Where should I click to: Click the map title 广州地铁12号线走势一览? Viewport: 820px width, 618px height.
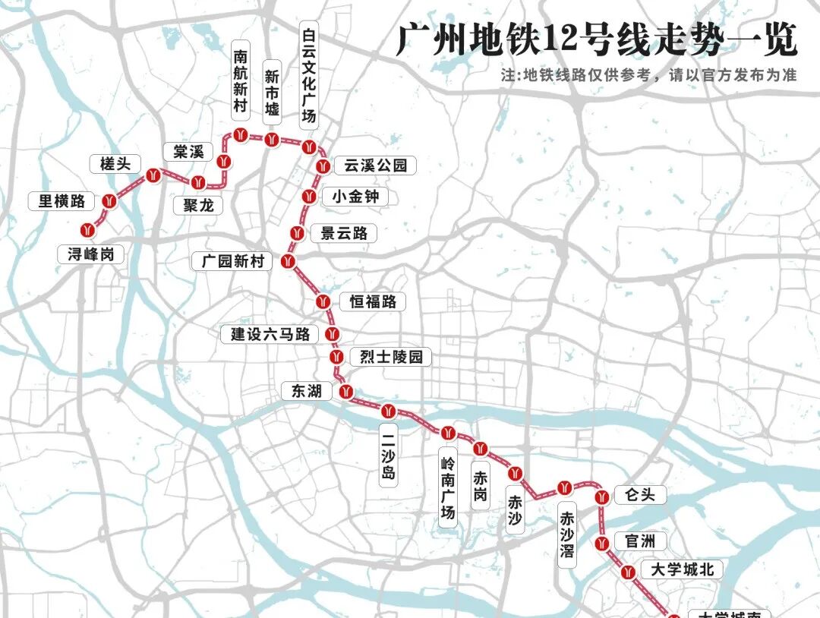coord(597,39)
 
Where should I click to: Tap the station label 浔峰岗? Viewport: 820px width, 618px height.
coord(90,254)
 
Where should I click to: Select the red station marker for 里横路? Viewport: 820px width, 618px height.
coord(110,202)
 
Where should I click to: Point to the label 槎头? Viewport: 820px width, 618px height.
coord(115,162)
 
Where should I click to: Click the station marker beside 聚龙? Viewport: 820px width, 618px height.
coord(199,182)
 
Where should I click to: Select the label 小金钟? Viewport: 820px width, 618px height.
coord(355,197)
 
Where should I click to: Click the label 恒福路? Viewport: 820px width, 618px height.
coord(373,301)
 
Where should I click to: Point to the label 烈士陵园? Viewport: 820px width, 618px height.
coord(390,356)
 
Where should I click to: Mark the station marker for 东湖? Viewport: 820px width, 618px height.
coord(346,393)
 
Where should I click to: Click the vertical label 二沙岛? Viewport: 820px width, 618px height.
coord(388,455)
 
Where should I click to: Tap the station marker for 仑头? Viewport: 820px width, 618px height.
coord(602,498)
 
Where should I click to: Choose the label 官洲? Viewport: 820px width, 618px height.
coord(639,541)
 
